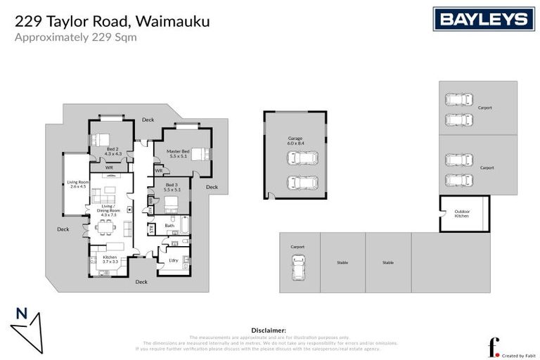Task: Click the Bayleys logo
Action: (x=484, y=19)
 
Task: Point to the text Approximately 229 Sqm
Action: (x=76, y=37)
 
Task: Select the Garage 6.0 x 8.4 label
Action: (x=295, y=140)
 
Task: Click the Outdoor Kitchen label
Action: (x=462, y=214)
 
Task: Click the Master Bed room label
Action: (x=179, y=153)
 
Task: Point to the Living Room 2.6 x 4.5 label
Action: (x=77, y=184)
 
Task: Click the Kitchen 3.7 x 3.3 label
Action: (x=110, y=259)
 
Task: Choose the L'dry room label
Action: (x=173, y=261)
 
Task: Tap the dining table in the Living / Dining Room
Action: (x=105, y=227)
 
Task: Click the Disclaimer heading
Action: (x=269, y=329)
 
